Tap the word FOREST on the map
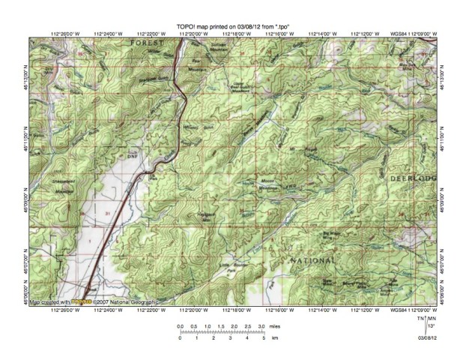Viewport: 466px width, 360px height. coord(146,44)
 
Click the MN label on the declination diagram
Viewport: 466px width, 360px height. coord(431,319)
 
